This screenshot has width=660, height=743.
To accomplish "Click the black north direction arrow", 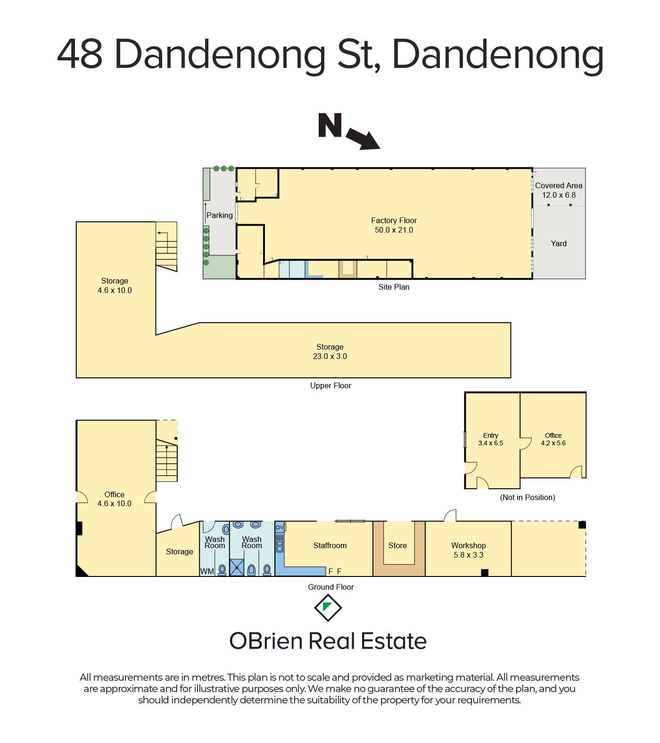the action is (x=363, y=139).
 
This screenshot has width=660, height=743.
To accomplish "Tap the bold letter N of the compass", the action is (x=330, y=125).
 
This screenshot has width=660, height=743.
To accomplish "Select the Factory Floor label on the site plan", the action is (x=394, y=225).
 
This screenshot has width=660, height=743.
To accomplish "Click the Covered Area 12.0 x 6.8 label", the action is (x=559, y=190).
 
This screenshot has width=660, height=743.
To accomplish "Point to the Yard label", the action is (x=559, y=243).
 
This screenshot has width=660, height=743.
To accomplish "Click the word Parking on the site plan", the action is (x=220, y=215).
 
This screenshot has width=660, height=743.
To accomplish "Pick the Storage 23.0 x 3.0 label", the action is (x=330, y=351).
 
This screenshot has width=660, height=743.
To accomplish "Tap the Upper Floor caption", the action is (x=330, y=385).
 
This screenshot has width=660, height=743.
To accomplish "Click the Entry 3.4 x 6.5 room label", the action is (x=491, y=439).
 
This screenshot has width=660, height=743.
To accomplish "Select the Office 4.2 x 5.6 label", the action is (x=553, y=439).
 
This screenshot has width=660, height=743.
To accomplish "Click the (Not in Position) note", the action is (x=528, y=497).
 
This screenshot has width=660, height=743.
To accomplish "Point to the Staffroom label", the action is (x=330, y=545).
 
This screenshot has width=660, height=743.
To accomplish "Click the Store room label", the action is (x=397, y=545).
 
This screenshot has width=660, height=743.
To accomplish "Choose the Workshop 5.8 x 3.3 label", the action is (x=469, y=550).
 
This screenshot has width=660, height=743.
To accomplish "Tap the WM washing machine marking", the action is (x=207, y=571).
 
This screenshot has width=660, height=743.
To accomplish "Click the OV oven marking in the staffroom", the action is (x=280, y=527).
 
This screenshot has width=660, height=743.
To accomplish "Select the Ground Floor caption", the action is (x=331, y=587).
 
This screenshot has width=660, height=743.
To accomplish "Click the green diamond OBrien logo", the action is (x=328, y=608).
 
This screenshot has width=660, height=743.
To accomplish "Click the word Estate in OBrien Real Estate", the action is (x=394, y=641).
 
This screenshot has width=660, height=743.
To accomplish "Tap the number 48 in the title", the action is (x=80, y=54).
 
